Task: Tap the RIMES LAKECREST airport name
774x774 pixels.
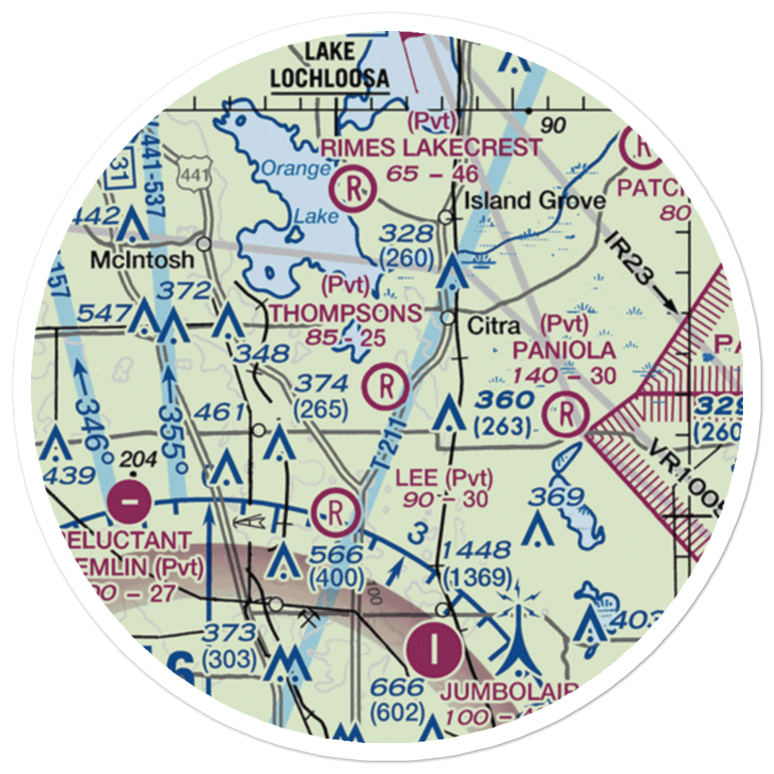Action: click(432, 146)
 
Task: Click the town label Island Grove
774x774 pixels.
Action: click(534, 201)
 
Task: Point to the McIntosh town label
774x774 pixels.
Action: click(142, 259)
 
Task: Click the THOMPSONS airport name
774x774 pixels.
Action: click(346, 313)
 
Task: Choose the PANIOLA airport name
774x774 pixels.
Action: click(564, 350)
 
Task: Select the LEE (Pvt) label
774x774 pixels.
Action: click(444, 478)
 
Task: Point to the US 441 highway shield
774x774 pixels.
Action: click(191, 176)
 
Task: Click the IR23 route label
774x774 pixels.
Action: click(625, 255)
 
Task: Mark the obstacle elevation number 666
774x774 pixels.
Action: click(397, 687)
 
